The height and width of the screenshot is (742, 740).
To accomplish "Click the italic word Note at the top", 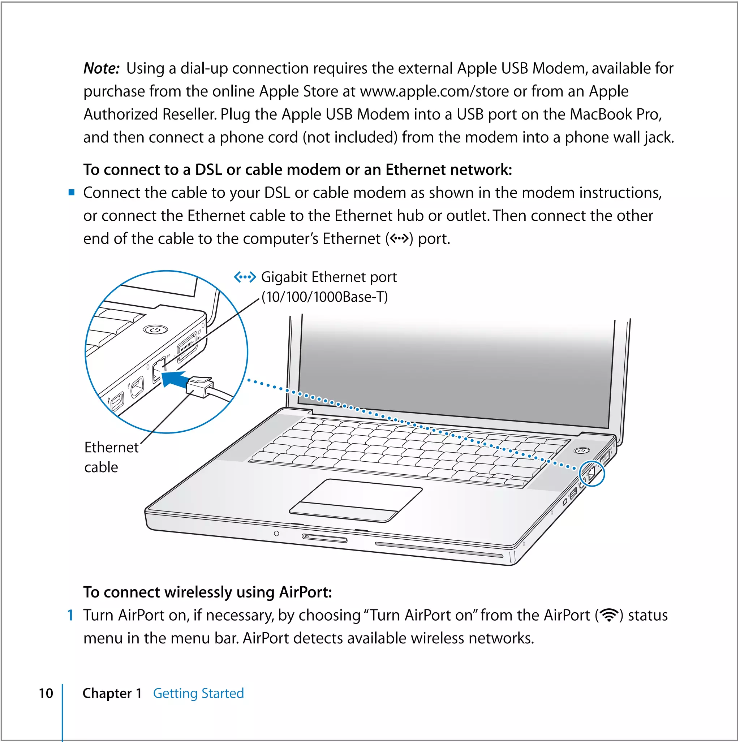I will click(101, 69).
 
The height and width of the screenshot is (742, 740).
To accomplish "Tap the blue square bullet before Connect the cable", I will click(72, 193).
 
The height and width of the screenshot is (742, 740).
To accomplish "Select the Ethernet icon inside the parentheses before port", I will click(399, 239).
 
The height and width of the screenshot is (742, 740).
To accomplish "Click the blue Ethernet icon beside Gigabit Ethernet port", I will click(245, 277).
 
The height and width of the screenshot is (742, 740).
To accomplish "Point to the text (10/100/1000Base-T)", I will click(325, 297).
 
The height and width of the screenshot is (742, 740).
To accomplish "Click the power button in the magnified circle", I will click(155, 329).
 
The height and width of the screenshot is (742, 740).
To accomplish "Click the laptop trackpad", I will click(356, 500).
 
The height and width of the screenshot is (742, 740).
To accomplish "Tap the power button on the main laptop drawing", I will click(582, 450).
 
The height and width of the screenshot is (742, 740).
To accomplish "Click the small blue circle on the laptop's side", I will click(592, 474).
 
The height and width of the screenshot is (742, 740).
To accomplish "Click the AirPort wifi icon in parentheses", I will click(609, 615).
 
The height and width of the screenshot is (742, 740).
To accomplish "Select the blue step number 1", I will click(70, 615).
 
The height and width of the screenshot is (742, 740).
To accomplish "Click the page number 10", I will click(46, 694).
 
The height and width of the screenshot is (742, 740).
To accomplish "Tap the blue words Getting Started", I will click(198, 694).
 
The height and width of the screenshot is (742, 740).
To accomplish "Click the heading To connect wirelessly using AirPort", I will click(207, 592).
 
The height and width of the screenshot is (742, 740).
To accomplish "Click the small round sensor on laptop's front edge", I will click(276, 534).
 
